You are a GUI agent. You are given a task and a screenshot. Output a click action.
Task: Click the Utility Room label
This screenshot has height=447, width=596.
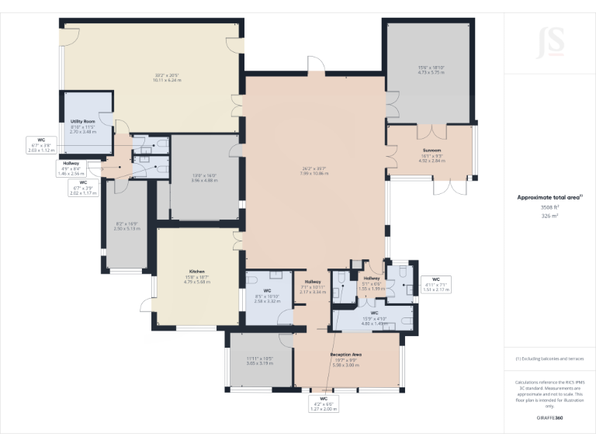[82, 122]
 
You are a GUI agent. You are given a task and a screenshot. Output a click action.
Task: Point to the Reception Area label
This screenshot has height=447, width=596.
[346, 354]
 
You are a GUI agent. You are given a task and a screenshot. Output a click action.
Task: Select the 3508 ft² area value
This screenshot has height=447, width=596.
[549, 207]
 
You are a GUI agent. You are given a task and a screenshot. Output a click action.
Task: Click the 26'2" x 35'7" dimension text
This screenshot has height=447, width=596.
[314, 168]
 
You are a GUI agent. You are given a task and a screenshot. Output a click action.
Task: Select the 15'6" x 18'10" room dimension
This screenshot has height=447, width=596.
[430, 68]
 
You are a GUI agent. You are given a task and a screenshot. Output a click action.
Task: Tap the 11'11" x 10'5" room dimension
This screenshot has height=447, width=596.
[260, 359]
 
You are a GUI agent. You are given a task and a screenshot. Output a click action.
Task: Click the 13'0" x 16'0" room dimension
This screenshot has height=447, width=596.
[204, 176]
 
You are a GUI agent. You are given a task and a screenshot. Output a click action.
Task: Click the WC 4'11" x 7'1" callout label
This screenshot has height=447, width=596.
[435, 284]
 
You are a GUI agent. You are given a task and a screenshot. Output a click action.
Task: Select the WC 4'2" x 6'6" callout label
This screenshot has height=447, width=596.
[324, 404]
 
